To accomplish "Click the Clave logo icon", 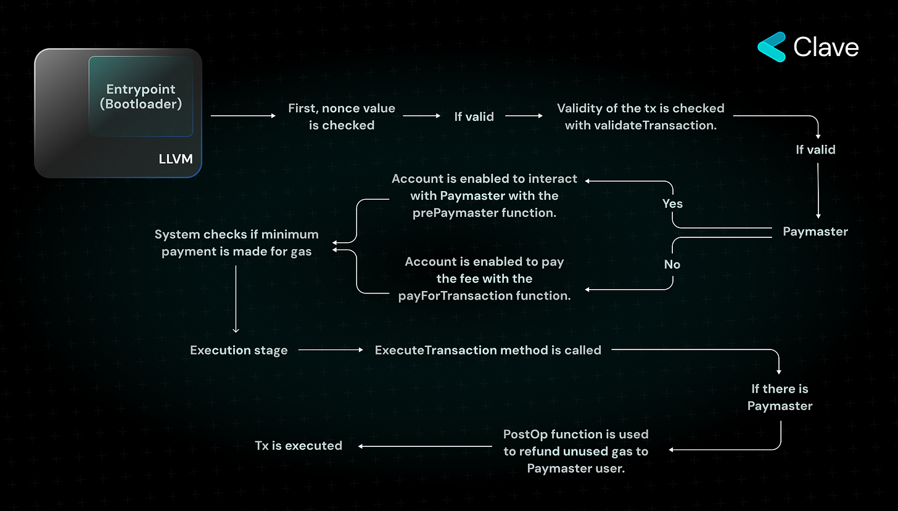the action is (771, 47).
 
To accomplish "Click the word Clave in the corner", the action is (826, 47).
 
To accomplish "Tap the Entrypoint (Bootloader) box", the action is (141, 97).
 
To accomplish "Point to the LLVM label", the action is (175, 160).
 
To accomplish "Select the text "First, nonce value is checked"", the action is (341, 117).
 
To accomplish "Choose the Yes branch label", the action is (672, 203).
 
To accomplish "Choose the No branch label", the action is (672, 264).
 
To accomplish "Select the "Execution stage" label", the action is (239, 350).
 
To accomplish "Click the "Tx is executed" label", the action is (299, 445).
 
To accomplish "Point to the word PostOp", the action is (524, 434).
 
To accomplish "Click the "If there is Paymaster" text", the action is (780, 398).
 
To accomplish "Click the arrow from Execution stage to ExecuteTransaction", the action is (331, 350).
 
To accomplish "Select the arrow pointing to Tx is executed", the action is (426, 446).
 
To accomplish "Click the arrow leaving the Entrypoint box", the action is (244, 116).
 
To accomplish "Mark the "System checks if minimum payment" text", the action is (236, 243).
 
